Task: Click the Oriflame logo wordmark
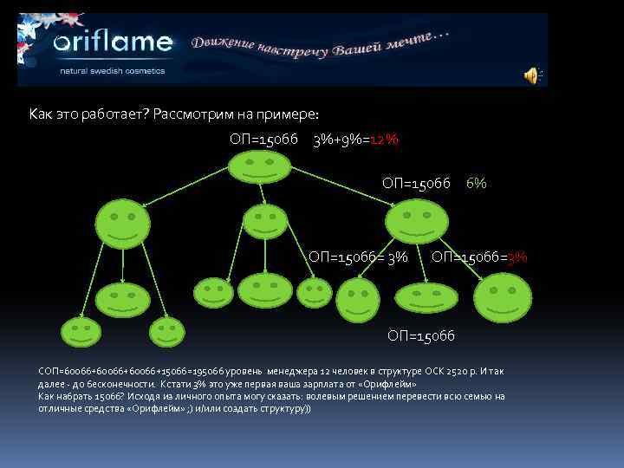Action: point(114,43)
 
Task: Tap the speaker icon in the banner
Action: point(531,76)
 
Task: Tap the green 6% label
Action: point(476,183)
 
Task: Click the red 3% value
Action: point(517,257)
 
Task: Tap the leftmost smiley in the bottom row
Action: point(80,331)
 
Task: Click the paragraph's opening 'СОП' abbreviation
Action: point(48,371)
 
